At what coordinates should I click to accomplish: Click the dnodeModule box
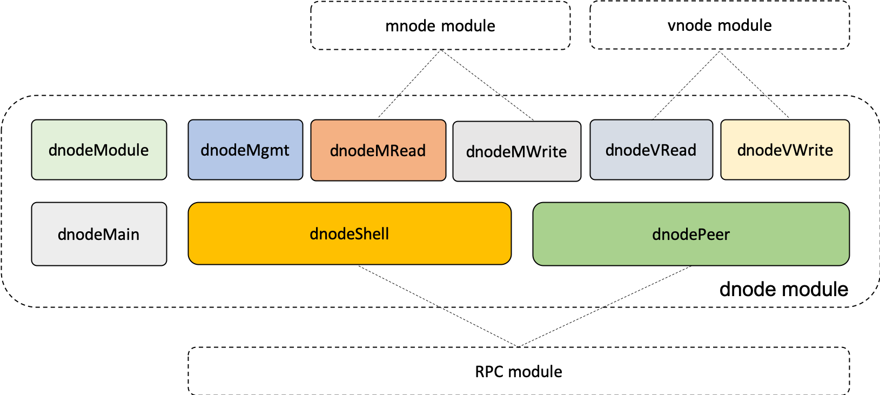click(x=99, y=150)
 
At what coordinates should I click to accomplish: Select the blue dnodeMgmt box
click(x=245, y=150)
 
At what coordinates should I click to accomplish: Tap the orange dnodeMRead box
click(x=378, y=150)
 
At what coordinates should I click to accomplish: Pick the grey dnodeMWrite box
click(x=516, y=151)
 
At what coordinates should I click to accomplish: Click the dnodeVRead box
click(x=651, y=150)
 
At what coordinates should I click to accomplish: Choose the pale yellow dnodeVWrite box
click(x=785, y=150)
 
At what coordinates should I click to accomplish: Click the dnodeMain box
click(x=99, y=234)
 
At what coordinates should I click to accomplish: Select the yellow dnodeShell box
click(x=350, y=233)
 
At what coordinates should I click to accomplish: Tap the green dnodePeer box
click(x=691, y=234)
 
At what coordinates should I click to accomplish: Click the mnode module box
click(x=440, y=25)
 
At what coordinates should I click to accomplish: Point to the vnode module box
click(x=720, y=25)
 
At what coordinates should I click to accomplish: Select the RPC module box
click(x=519, y=371)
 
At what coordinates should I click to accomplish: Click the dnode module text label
click(x=783, y=289)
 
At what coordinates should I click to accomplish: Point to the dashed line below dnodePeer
click(x=647, y=286)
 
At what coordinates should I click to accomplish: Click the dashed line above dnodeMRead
click(x=388, y=107)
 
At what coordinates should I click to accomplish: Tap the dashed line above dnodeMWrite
click(x=518, y=108)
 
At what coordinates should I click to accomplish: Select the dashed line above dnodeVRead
click(x=664, y=108)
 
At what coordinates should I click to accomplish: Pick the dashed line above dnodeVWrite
click(x=777, y=107)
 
